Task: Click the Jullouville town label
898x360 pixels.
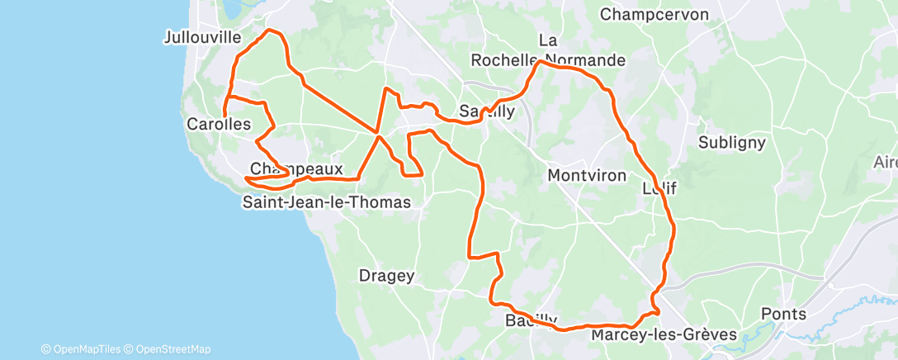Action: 202,37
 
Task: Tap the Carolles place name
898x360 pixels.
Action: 219,124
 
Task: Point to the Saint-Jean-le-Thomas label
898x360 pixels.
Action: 326,201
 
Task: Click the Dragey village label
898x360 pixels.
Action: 386,276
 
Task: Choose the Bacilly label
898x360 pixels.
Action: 529,320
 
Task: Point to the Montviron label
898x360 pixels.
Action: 587,175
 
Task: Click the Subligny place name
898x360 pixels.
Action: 731,142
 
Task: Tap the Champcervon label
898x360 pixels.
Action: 655,14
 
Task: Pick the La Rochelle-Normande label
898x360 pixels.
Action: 548,50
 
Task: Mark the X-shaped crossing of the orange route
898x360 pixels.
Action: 378,133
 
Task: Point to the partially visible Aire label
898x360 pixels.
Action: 886,163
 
